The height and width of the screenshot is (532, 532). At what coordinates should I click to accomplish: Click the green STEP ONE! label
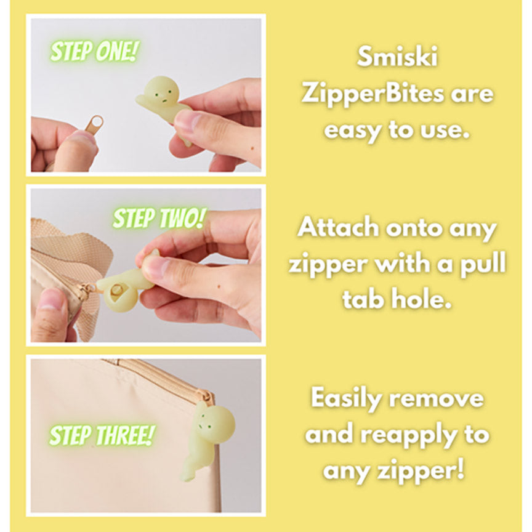click(x=95, y=52)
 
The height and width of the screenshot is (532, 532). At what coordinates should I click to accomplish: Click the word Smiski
click(x=397, y=57)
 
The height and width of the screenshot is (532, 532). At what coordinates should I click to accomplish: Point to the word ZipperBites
click(x=372, y=94)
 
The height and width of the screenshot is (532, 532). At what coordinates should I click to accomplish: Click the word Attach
click(x=338, y=227)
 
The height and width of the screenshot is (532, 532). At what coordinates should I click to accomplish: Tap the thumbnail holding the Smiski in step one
click(x=185, y=119)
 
